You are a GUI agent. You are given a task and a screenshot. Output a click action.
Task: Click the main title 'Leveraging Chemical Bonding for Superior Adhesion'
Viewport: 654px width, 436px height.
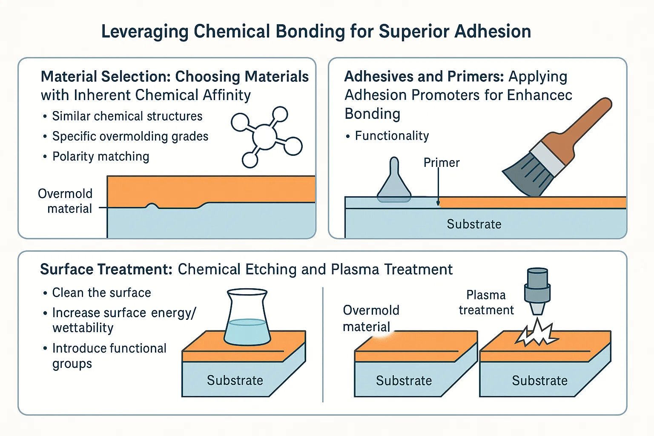(x=316, y=32)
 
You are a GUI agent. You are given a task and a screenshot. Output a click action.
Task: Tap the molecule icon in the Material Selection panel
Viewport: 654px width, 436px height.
(x=266, y=137)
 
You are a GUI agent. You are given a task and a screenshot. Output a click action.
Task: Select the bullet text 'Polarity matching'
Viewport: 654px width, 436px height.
(x=100, y=157)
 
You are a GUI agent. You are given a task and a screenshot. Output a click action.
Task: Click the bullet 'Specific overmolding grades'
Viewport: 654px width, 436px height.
(x=130, y=136)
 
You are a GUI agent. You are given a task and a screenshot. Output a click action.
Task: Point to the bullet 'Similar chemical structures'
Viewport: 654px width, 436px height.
(x=127, y=116)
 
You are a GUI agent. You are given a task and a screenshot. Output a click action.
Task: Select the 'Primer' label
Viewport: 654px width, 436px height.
(x=442, y=163)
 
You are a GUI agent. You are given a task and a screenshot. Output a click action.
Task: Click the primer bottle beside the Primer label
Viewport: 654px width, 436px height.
(x=394, y=181)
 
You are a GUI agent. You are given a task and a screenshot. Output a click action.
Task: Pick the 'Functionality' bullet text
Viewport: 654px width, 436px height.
(x=392, y=136)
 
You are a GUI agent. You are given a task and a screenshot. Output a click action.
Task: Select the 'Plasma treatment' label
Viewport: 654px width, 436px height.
(x=486, y=302)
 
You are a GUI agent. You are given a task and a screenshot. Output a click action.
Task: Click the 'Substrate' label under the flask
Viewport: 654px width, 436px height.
(x=235, y=380)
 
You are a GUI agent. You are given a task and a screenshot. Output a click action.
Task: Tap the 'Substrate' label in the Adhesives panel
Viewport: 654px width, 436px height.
(x=474, y=224)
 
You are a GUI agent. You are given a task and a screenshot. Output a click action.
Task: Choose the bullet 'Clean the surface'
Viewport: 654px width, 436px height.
(x=101, y=293)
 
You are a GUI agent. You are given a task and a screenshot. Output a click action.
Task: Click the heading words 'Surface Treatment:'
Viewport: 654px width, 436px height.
(x=106, y=270)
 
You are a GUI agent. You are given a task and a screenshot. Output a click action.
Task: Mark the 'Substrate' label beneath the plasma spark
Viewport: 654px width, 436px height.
(x=539, y=381)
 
